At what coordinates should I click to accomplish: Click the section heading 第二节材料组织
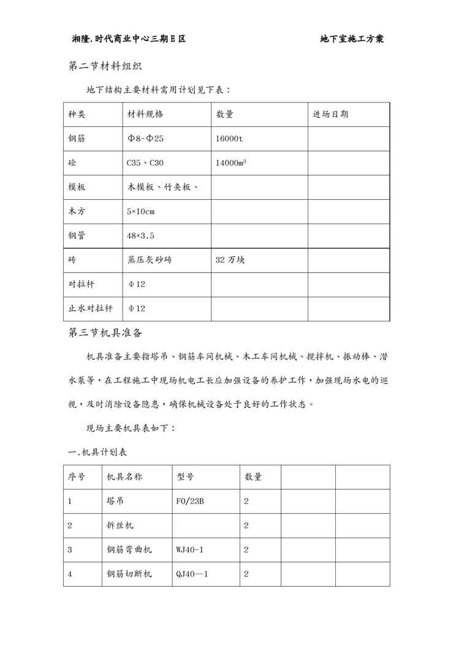point(105,66)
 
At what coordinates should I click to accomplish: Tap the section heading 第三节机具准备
point(105,333)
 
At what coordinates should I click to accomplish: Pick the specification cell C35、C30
point(145,163)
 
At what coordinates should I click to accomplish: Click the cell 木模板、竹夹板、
point(162,188)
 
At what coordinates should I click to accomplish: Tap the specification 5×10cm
point(141,212)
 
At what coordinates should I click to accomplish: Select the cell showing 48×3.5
point(140,236)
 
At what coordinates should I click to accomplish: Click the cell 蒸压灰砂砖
point(150,260)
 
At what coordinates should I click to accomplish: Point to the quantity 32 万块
point(230,260)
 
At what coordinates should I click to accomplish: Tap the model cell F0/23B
point(190,501)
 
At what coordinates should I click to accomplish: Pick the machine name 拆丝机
point(120,525)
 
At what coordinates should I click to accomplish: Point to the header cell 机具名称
point(124,477)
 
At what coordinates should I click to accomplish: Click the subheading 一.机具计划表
point(97,452)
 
